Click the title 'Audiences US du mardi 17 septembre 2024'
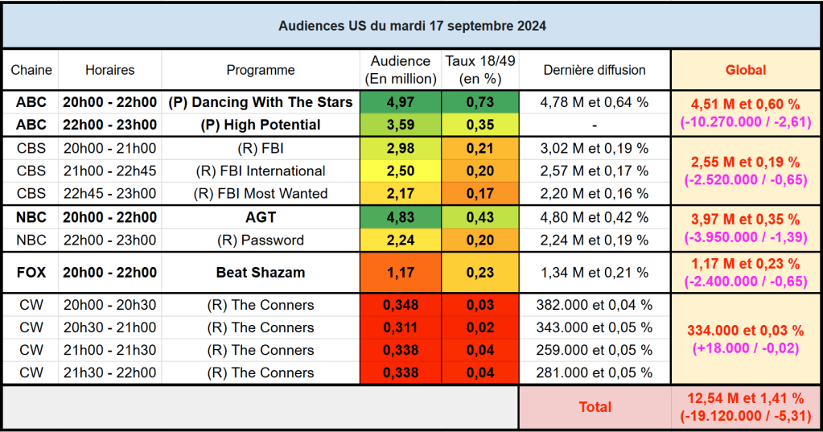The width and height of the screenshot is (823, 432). click(x=412, y=26)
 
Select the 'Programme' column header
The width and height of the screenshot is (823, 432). click(x=261, y=70)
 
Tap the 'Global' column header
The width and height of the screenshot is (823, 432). click(x=746, y=70)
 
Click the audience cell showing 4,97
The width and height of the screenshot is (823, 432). click(x=401, y=102)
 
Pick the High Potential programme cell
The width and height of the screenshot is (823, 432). click(x=261, y=125)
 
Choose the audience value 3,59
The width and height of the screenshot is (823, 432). click(x=401, y=125)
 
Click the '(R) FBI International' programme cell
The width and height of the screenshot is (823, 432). click(x=261, y=171)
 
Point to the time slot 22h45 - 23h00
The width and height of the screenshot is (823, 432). click(x=110, y=193)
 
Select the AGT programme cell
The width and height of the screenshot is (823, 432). click(x=261, y=217)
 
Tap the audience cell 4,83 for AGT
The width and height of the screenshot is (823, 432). click(x=401, y=217)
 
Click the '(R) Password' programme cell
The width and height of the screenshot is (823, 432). click(x=261, y=240)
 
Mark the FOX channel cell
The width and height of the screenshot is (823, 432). click(x=31, y=272)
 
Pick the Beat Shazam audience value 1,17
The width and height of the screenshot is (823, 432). click(x=401, y=272)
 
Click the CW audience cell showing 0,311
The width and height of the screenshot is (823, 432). click(x=401, y=327)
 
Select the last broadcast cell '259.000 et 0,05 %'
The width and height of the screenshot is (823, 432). click(x=595, y=350)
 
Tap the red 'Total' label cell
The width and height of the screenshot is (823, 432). click(x=595, y=407)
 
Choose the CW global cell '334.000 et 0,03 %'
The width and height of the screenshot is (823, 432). click(x=746, y=331)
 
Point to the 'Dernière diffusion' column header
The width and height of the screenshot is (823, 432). click(x=595, y=70)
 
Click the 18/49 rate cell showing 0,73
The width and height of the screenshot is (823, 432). click(x=481, y=102)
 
